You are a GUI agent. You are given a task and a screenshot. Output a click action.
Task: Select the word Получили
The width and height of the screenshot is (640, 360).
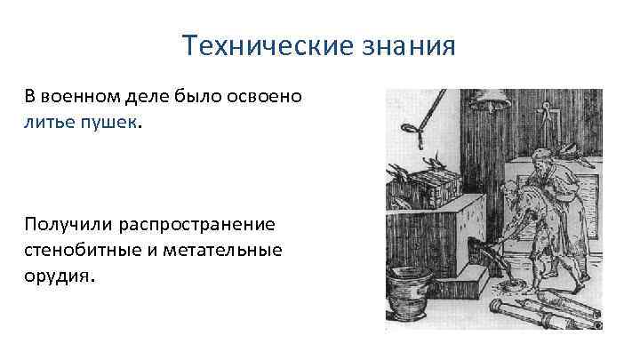click(67, 224)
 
